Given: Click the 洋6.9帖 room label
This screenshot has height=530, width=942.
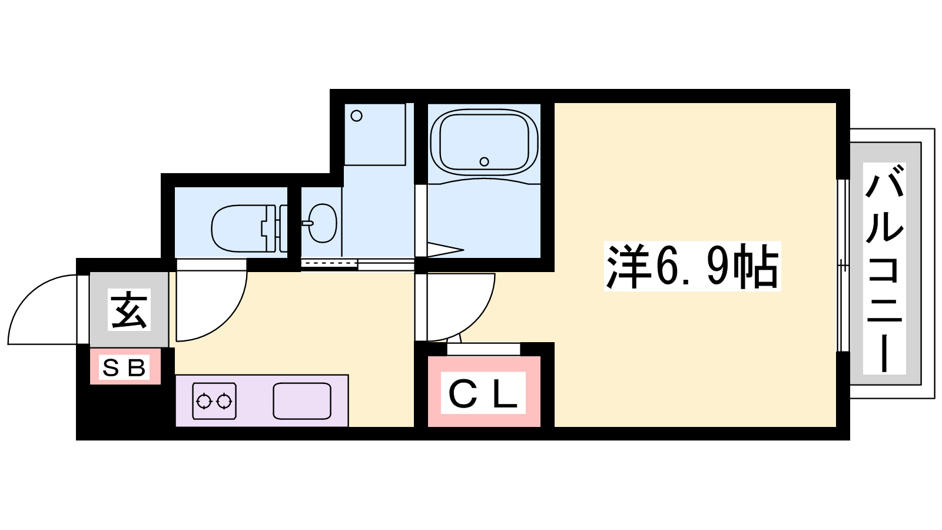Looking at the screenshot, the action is (692, 266).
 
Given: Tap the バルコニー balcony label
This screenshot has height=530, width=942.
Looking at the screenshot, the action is (884, 269).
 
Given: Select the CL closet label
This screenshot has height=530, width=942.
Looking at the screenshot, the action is (483, 392).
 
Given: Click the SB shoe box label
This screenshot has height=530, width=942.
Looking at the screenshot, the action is (124, 367).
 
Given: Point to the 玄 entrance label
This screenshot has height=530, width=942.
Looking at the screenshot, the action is (129, 309).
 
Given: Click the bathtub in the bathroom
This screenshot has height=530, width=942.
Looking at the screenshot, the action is (484, 143).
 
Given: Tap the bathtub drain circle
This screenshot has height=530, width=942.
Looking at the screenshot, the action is (484, 161).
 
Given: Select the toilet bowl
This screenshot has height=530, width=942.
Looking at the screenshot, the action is (240, 228).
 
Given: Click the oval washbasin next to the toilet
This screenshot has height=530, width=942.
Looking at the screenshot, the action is (323, 223).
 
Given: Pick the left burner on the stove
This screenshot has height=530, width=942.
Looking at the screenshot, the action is (204, 401).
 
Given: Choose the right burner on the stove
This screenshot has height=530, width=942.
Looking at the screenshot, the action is (224, 401).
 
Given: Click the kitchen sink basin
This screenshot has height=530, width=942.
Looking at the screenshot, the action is (302, 401).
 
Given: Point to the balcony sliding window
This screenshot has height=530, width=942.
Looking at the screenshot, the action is (843, 266).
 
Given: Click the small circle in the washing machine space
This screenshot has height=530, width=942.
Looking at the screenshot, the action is (357, 115).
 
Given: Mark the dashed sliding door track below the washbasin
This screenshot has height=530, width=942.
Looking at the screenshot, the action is (329, 263).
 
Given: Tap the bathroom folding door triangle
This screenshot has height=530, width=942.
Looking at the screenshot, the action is (445, 250).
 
